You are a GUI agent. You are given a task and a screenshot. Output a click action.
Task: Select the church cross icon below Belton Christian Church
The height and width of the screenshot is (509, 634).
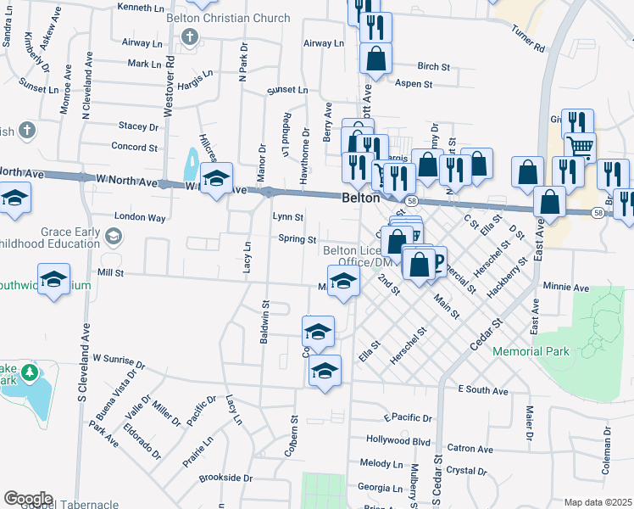(x=190, y=37)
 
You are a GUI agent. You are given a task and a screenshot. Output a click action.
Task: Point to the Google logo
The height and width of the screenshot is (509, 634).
(x=28, y=499)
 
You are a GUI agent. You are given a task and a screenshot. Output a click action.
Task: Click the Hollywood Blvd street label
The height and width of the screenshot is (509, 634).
(x=398, y=440)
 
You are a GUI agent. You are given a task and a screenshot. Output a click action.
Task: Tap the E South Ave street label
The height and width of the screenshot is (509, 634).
(x=482, y=390)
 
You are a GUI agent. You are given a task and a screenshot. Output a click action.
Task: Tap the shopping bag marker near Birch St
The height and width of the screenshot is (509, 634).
(x=375, y=59)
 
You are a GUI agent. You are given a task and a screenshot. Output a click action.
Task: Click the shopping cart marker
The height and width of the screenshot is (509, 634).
(x=580, y=148)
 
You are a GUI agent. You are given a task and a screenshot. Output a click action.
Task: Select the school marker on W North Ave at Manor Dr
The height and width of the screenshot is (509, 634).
(x=216, y=178)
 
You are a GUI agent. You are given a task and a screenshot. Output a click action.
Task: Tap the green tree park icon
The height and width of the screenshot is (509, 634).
(x=30, y=372)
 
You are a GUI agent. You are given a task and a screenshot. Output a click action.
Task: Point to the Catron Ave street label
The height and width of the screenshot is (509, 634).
(x=470, y=449)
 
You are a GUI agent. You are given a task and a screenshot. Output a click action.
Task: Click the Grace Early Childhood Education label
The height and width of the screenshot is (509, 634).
(x=70, y=238)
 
